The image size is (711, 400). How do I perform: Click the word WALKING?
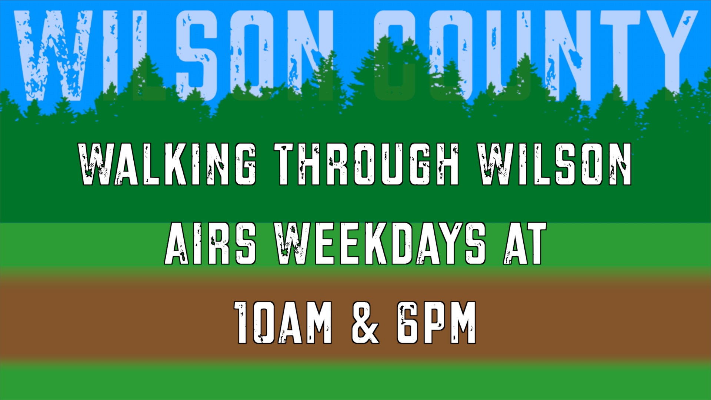tap(167, 164)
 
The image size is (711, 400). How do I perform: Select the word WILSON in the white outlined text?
tap(554, 164)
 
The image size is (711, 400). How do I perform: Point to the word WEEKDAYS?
tap(380, 243)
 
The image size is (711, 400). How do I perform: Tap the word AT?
tap(525, 243)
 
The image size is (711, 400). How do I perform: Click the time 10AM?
tap(284, 323)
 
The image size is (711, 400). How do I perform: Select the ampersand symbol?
tap(365, 323)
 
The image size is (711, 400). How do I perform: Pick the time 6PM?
tap(436, 323)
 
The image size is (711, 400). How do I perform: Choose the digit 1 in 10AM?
tap(243, 323)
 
